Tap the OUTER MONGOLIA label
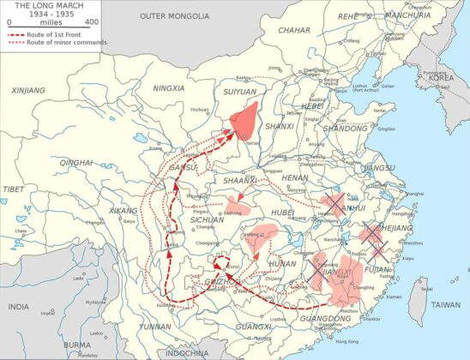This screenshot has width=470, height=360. point(174,16)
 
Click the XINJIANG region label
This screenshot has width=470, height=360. point(28,89)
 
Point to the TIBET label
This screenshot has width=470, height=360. point(13,189)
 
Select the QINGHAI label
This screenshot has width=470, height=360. point(76,162)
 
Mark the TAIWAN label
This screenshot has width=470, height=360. point(444,304)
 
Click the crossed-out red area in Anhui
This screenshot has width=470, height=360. point(331,207)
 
